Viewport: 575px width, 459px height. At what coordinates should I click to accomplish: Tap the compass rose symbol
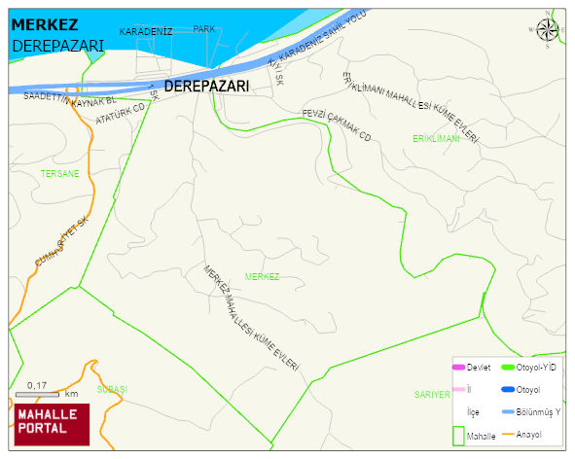point(549,31)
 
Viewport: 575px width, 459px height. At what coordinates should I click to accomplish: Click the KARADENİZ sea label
point(146,32)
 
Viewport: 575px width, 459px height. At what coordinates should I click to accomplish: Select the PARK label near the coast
point(203,29)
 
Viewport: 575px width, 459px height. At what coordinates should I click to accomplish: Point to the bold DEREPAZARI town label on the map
point(206,87)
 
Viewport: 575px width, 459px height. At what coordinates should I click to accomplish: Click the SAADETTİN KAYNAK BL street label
point(69,98)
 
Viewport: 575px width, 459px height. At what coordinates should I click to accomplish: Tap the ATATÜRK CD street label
point(120,114)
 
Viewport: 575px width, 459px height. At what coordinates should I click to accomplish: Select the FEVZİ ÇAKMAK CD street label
point(337,124)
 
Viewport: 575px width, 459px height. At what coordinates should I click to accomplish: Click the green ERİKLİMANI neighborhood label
point(435,139)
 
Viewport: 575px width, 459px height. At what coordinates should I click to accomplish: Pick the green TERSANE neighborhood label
point(60,173)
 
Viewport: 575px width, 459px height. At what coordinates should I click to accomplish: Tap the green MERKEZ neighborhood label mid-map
point(262,277)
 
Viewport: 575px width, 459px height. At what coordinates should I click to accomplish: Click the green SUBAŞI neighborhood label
point(112,389)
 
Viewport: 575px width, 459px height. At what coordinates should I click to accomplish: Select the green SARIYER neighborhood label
point(432,395)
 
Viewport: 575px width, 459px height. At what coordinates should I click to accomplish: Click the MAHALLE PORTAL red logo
point(52,423)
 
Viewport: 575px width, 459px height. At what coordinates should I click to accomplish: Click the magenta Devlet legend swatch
point(458,368)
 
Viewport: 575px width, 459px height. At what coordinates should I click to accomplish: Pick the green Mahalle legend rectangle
point(458,435)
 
